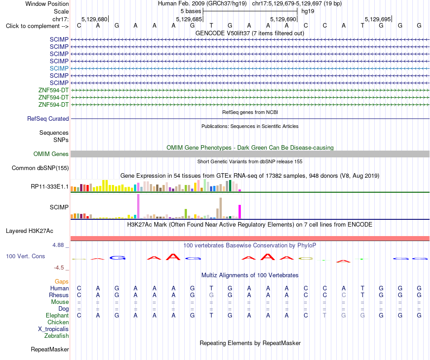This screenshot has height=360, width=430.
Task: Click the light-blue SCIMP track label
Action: click(x=59, y=68)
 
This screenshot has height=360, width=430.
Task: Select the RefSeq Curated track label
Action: click(x=48, y=118)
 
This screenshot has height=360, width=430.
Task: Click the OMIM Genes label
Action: click(x=51, y=154)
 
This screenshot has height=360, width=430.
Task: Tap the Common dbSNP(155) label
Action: click(x=40, y=168)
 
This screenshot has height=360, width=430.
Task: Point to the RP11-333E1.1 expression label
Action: click(x=50, y=187)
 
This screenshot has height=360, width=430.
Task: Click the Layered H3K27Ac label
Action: click(x=29, y=231)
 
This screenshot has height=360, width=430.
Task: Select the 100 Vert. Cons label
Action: click(x=25, y=256)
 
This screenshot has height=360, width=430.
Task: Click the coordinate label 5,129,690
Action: click(x=283, y=19)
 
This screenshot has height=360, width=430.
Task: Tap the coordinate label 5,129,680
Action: click(x=94, y=19)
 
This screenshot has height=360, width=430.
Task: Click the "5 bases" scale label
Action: click(x=191, y=11)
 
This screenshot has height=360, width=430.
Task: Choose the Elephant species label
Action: click(x=57, y=315)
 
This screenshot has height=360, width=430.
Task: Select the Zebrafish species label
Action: click(x=57, y=336)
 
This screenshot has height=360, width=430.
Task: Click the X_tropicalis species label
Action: click(x=53, y=329)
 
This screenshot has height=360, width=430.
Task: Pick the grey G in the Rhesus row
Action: click(x=211, y=295)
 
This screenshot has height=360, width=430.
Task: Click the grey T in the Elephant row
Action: click(x=325, y=315)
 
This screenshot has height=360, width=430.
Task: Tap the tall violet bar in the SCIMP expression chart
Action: click(x=138, y=206)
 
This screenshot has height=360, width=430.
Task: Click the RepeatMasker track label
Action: click(x=50, y=349)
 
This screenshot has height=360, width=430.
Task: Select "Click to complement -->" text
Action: click(x=37, y=26)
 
